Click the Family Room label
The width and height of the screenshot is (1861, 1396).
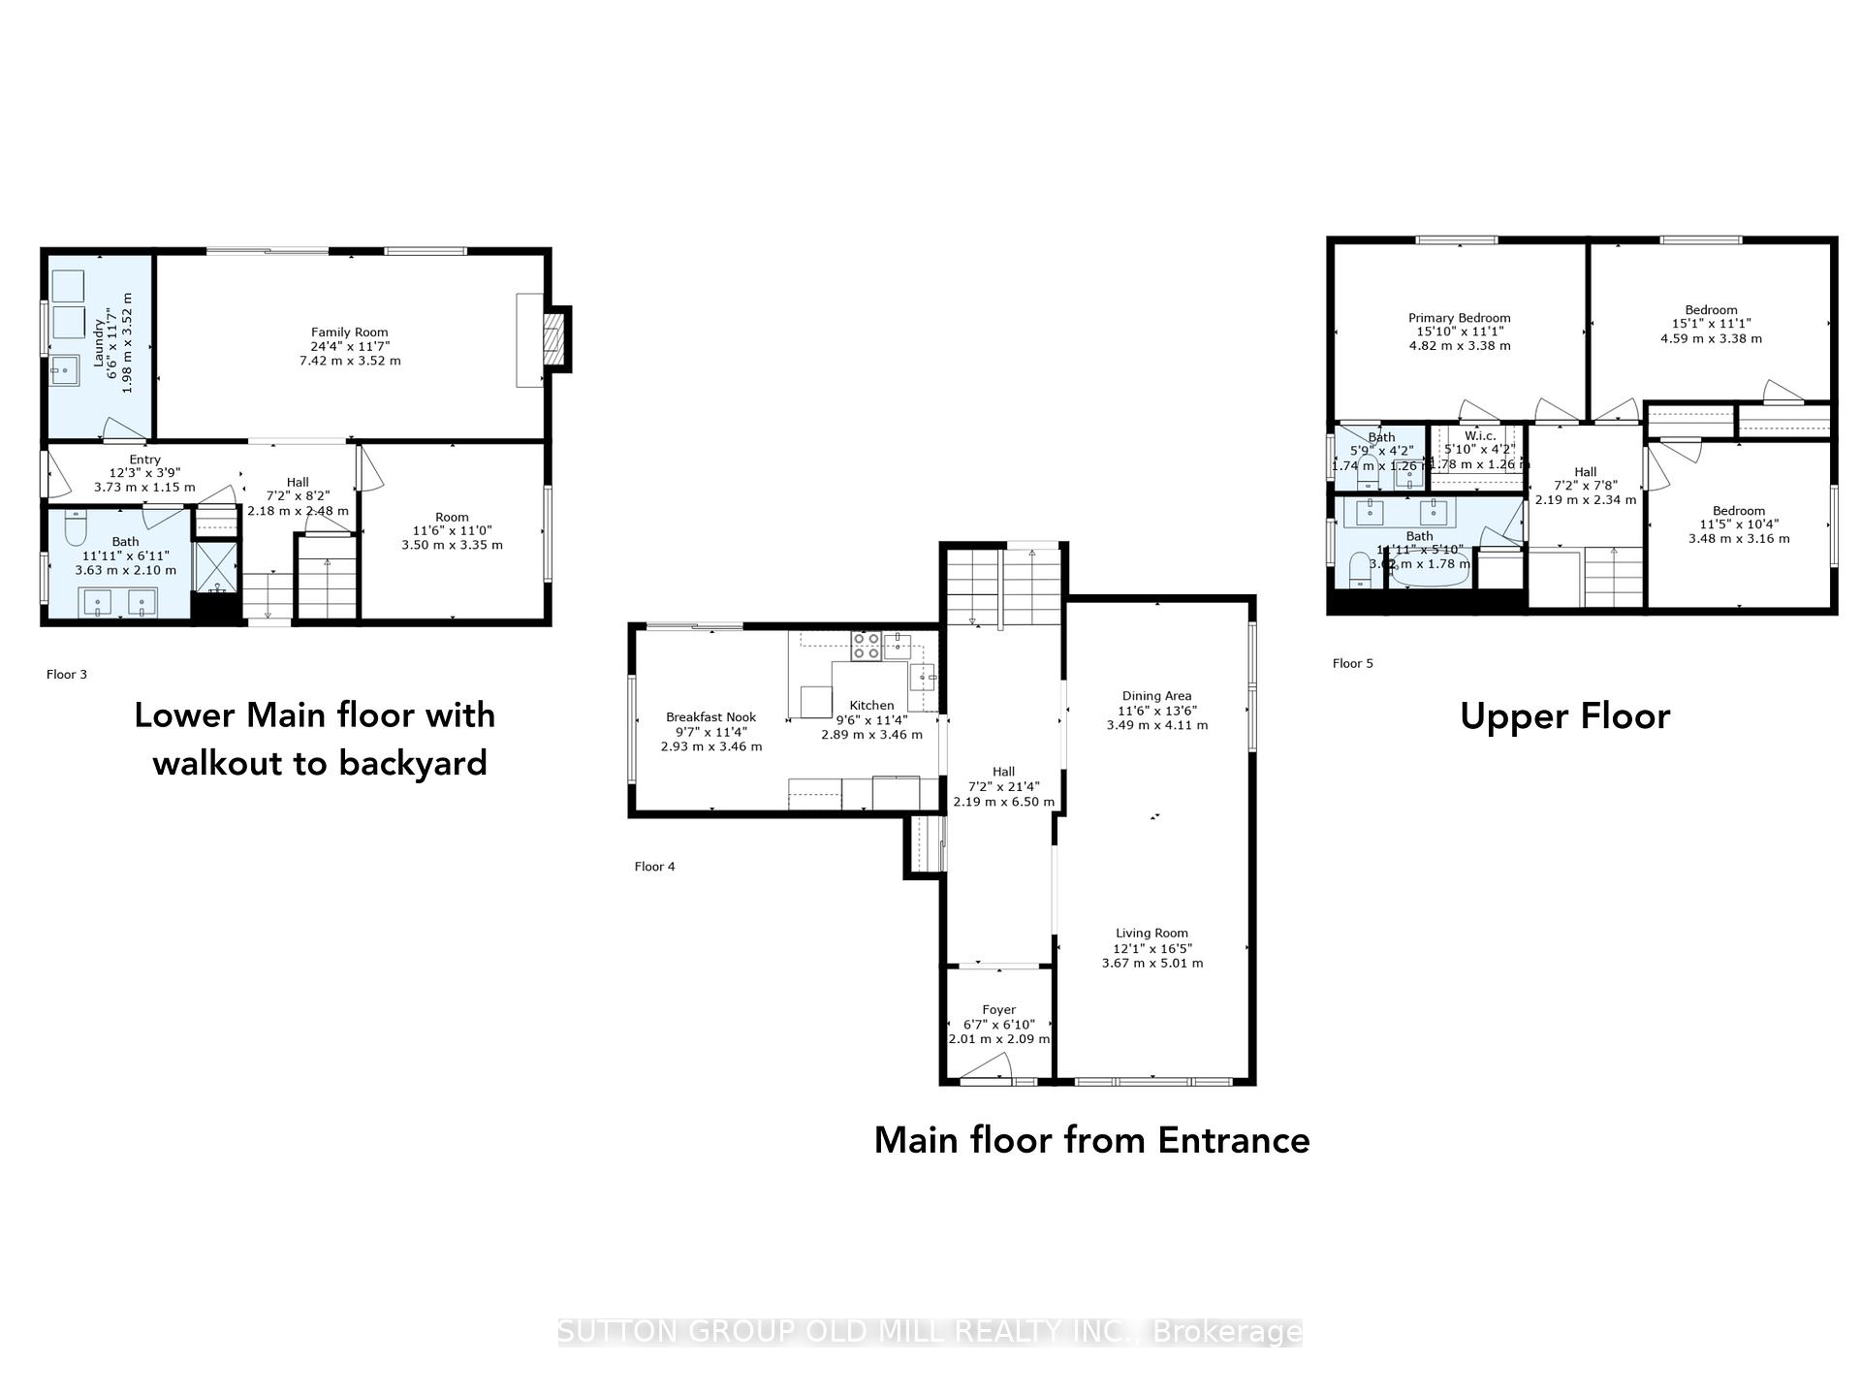349,333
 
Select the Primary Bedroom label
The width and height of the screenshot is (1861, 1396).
1459,318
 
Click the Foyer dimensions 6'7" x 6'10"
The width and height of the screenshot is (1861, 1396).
998,1025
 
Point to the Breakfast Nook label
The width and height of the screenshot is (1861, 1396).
710,717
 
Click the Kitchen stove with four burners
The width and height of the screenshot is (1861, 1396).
866,646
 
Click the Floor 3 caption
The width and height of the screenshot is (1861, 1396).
67,675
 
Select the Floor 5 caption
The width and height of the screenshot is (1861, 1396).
1352,664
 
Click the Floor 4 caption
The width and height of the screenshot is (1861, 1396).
654,867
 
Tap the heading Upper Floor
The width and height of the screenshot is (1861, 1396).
1564,716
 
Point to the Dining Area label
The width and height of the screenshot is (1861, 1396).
1156,696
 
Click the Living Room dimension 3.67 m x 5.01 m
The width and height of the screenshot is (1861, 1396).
1151,964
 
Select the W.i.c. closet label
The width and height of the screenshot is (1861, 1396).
1480,436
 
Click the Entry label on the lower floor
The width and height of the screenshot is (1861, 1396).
144,460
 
